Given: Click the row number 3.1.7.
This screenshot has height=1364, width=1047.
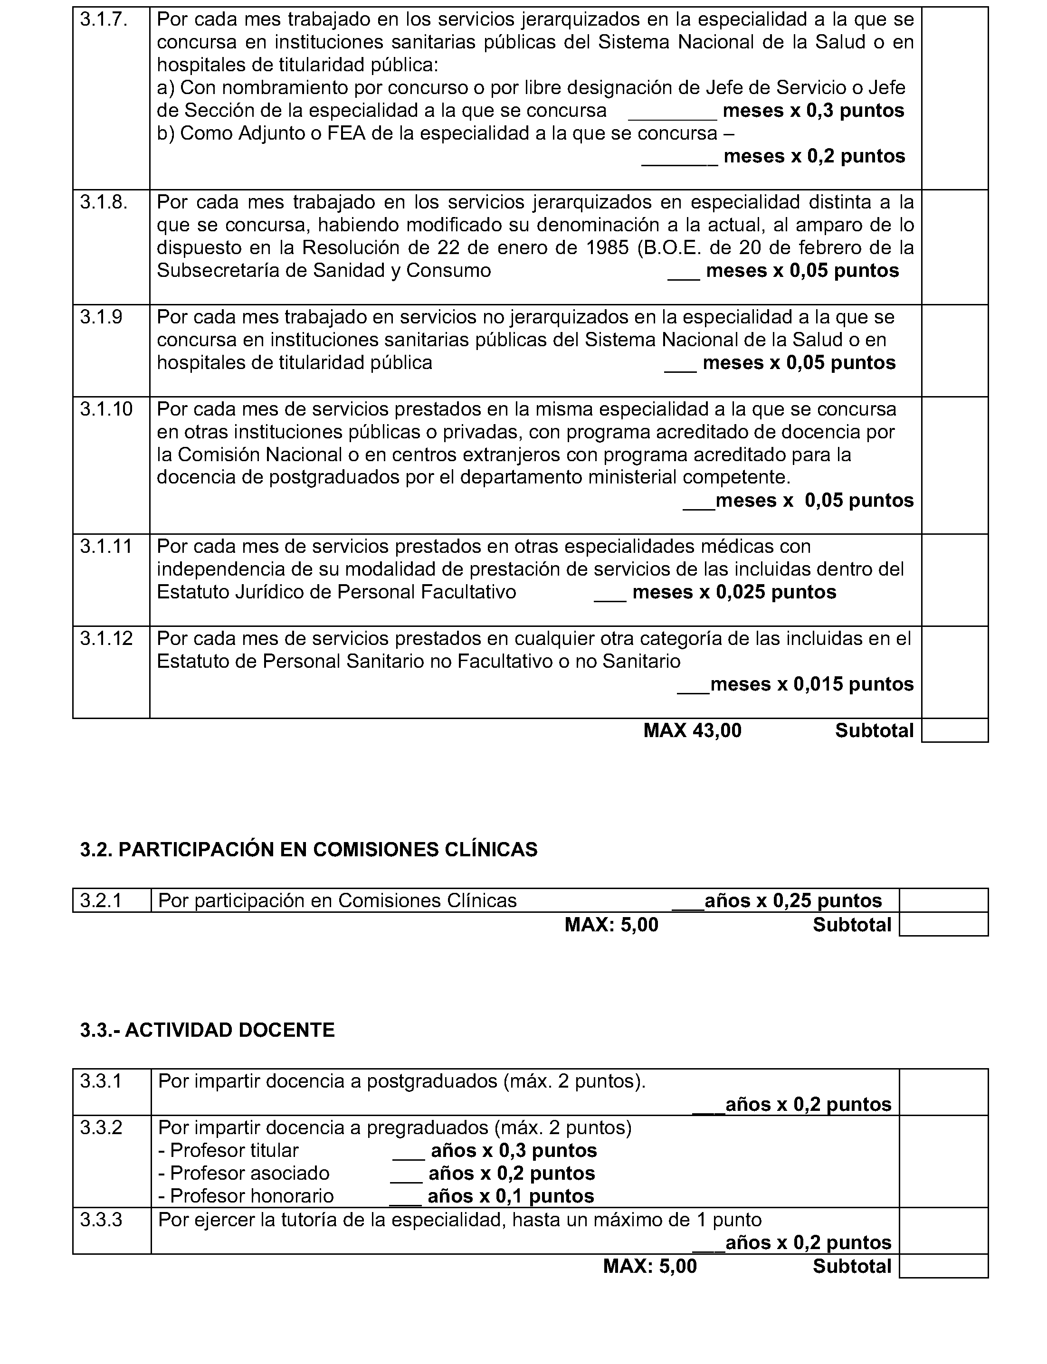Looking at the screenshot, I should point(104,20).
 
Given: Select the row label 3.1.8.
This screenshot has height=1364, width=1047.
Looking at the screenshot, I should point(104,202).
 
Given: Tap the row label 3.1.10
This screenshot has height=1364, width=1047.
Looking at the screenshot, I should point(106,409).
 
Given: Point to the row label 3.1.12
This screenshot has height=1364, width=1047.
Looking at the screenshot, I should point(106,639).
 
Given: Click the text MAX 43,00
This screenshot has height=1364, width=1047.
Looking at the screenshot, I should point(693,730).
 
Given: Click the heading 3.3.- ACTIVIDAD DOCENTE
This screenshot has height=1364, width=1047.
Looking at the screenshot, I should point(207,1030).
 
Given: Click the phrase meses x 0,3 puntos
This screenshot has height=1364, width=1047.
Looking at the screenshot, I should point(813,111).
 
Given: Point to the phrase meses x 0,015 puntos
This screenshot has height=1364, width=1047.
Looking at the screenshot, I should point(811,684).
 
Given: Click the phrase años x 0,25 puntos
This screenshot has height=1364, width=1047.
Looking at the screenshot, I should point(793,901).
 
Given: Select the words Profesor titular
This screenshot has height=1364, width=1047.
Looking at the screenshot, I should point(234,1150).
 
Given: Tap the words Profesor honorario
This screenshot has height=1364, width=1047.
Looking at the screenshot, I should point(252,1196).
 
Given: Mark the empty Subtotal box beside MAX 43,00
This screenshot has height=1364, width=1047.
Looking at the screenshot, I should point(954,730).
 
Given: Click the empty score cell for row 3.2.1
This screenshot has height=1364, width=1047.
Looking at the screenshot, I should point(943,900).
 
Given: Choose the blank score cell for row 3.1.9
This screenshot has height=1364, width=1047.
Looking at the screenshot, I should point(954,350).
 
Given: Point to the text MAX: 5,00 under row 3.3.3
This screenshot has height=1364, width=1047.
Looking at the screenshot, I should point(649,1266).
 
